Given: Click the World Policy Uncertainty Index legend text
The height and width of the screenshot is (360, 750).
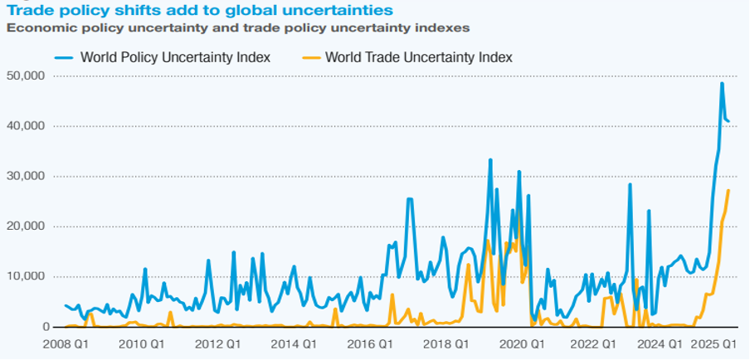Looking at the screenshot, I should pyautogui.click(x=175, y=57).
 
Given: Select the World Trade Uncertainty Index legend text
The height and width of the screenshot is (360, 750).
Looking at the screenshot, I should pyautogui.click(x=419, y=57).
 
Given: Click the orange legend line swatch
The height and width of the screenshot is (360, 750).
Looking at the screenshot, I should pyautogui.click(x=311, y=57).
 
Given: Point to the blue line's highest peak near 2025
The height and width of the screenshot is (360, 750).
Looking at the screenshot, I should pyautogui.click(x=722, y=83).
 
